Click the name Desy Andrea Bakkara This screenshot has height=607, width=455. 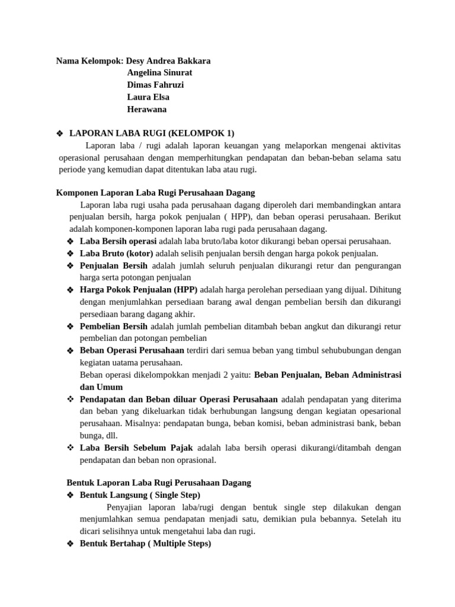click(168, 61)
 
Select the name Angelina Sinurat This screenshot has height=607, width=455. click(159, 73)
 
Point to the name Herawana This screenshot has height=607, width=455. click(147, 109)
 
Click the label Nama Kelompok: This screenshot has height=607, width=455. click(89, 61)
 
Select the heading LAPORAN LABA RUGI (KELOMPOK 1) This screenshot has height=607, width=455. click(152, 133)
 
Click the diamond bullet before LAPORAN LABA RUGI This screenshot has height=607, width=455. click(59, 133)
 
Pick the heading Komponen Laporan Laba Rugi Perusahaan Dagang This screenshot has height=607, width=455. click(155, 193)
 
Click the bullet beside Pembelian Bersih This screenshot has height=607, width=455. click(70, 327)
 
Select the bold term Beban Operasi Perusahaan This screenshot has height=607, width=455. click(132, 350)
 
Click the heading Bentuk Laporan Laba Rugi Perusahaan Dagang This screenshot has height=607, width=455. click(159, 483)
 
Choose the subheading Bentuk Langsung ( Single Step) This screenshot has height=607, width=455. click(140, 495)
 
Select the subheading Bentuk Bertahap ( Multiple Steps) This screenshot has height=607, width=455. click(145, 544)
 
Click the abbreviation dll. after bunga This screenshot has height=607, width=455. click(109, 436)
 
